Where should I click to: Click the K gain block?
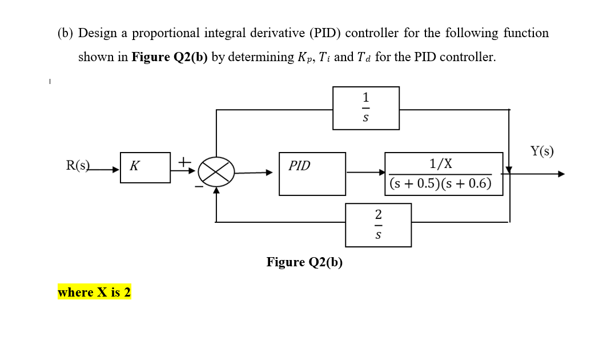(x=145, y=167)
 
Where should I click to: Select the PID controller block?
(x=312, y=173)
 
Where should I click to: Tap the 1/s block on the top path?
(x=366, y=107)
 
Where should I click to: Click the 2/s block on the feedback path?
(x=378, y=225)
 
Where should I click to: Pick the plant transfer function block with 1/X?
(x=443, y=174)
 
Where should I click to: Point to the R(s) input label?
(x=78, y=166)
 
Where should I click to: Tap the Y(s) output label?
(x=541, y=151)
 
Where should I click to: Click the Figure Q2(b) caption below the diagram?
(x=304, y=262)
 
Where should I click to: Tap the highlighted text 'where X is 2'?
(x=94, y=293)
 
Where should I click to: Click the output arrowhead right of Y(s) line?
(x=561, y=174)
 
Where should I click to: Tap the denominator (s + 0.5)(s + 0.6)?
(x=440, y=184)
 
